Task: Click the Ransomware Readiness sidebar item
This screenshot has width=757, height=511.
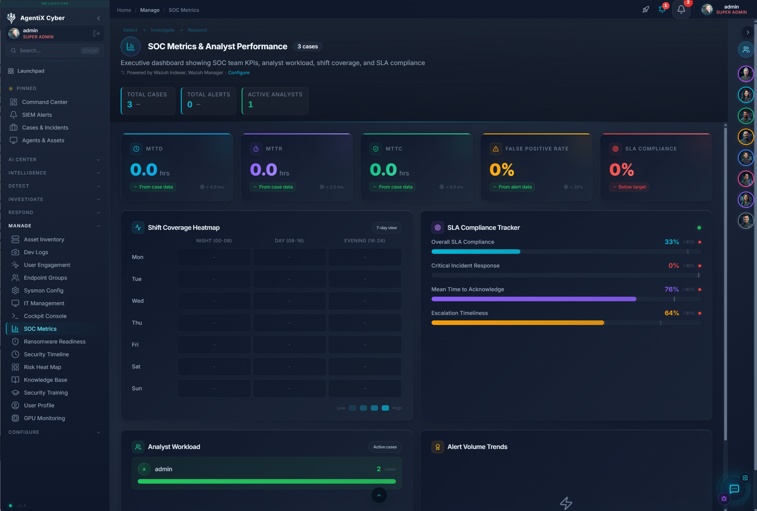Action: coord(54,342)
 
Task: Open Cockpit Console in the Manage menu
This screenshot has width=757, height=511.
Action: coord(45,316)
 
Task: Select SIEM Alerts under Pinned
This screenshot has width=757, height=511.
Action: coord(37,115)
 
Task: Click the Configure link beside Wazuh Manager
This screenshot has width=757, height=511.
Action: coord(239,72)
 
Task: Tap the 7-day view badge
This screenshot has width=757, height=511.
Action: coord(386,228)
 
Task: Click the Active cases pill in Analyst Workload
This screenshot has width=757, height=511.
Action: coord(385,447)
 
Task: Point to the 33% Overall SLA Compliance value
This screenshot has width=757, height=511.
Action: coord(672,242)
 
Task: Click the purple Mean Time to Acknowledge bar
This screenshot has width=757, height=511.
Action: coord(533,299)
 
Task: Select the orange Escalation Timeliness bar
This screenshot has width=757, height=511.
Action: coord(517,323)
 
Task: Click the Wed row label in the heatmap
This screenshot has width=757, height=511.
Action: coord(137,301)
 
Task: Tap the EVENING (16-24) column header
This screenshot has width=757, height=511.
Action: coord(364,240)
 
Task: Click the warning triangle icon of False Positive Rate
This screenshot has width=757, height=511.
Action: coord(495,149)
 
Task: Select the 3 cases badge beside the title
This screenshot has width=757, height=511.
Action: coord(307,47)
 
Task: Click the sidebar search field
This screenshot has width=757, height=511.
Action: coord(49,50)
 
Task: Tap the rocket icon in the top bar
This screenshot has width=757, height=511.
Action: coord(645,9)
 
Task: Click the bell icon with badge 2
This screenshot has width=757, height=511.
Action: coord(681,9)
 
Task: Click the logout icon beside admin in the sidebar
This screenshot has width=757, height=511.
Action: coord(96,33)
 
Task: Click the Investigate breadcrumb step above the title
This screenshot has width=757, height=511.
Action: coord(163,30)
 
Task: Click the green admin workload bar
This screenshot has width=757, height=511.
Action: coord(267,481)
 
